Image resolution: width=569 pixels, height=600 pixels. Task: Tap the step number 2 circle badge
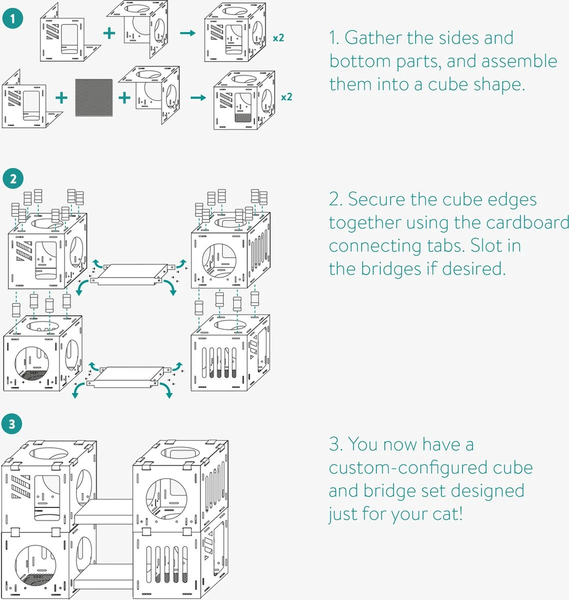click(12, 179)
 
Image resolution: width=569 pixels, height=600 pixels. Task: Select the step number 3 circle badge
click(12, 424)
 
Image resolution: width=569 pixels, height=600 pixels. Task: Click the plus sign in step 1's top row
click(109, 33)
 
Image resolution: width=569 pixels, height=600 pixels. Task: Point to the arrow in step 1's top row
click(187, 33)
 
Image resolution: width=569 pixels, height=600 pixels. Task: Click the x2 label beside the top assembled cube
click(279, 37)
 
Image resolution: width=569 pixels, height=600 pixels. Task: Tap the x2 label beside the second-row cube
click(286, 96)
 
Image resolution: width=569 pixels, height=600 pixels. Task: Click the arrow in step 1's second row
click(198, 97)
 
